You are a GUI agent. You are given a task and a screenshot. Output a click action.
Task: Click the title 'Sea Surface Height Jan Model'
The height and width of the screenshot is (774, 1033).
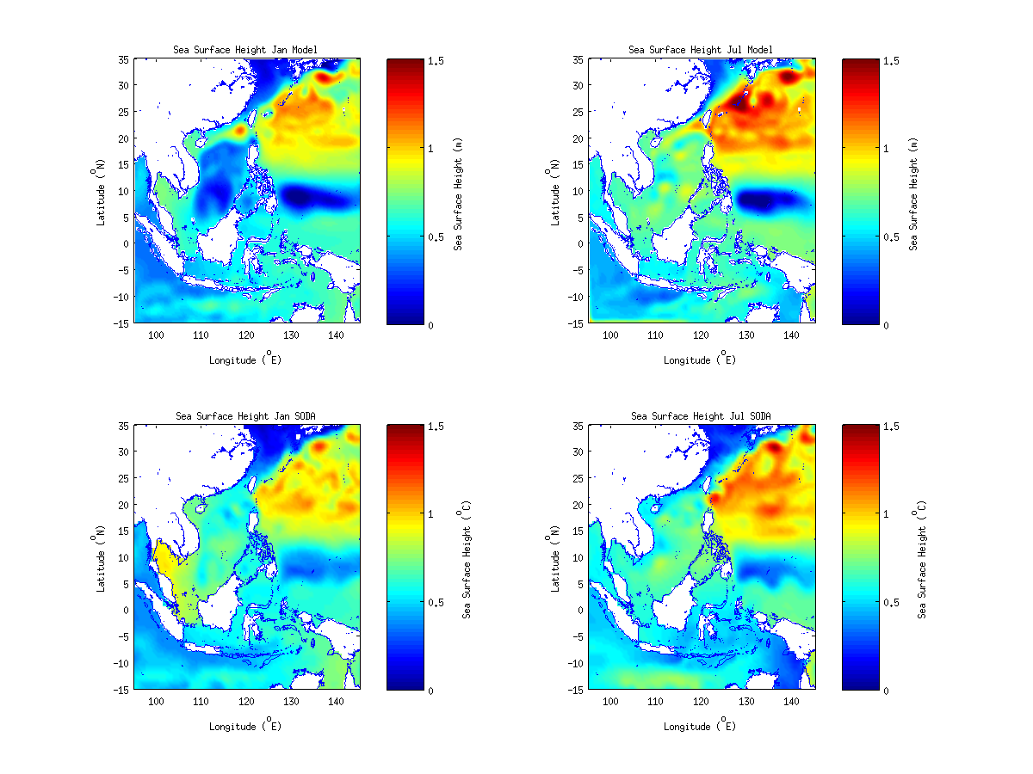tap(245, 50)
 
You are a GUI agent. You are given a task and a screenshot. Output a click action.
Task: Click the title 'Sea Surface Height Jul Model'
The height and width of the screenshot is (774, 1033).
tap(701, 50)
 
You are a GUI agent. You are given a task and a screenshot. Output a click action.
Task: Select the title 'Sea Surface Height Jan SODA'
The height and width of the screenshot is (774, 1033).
tap(245, 416)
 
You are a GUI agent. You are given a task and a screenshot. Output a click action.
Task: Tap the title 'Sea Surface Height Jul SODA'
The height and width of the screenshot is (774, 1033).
tap(701, 416)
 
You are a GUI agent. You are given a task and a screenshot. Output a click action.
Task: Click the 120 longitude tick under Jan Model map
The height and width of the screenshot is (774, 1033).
tap(246, 335)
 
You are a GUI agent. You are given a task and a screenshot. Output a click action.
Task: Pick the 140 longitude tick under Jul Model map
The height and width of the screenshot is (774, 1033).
tap(792, 335)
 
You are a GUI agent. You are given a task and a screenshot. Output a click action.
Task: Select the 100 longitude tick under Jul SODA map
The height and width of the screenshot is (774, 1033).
tap(611, 701)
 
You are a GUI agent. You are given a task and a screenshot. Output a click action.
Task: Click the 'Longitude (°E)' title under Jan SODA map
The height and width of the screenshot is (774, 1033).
tap(245, 726)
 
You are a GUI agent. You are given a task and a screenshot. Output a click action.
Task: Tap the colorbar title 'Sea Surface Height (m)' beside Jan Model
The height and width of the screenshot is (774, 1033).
tap(460, 193)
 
